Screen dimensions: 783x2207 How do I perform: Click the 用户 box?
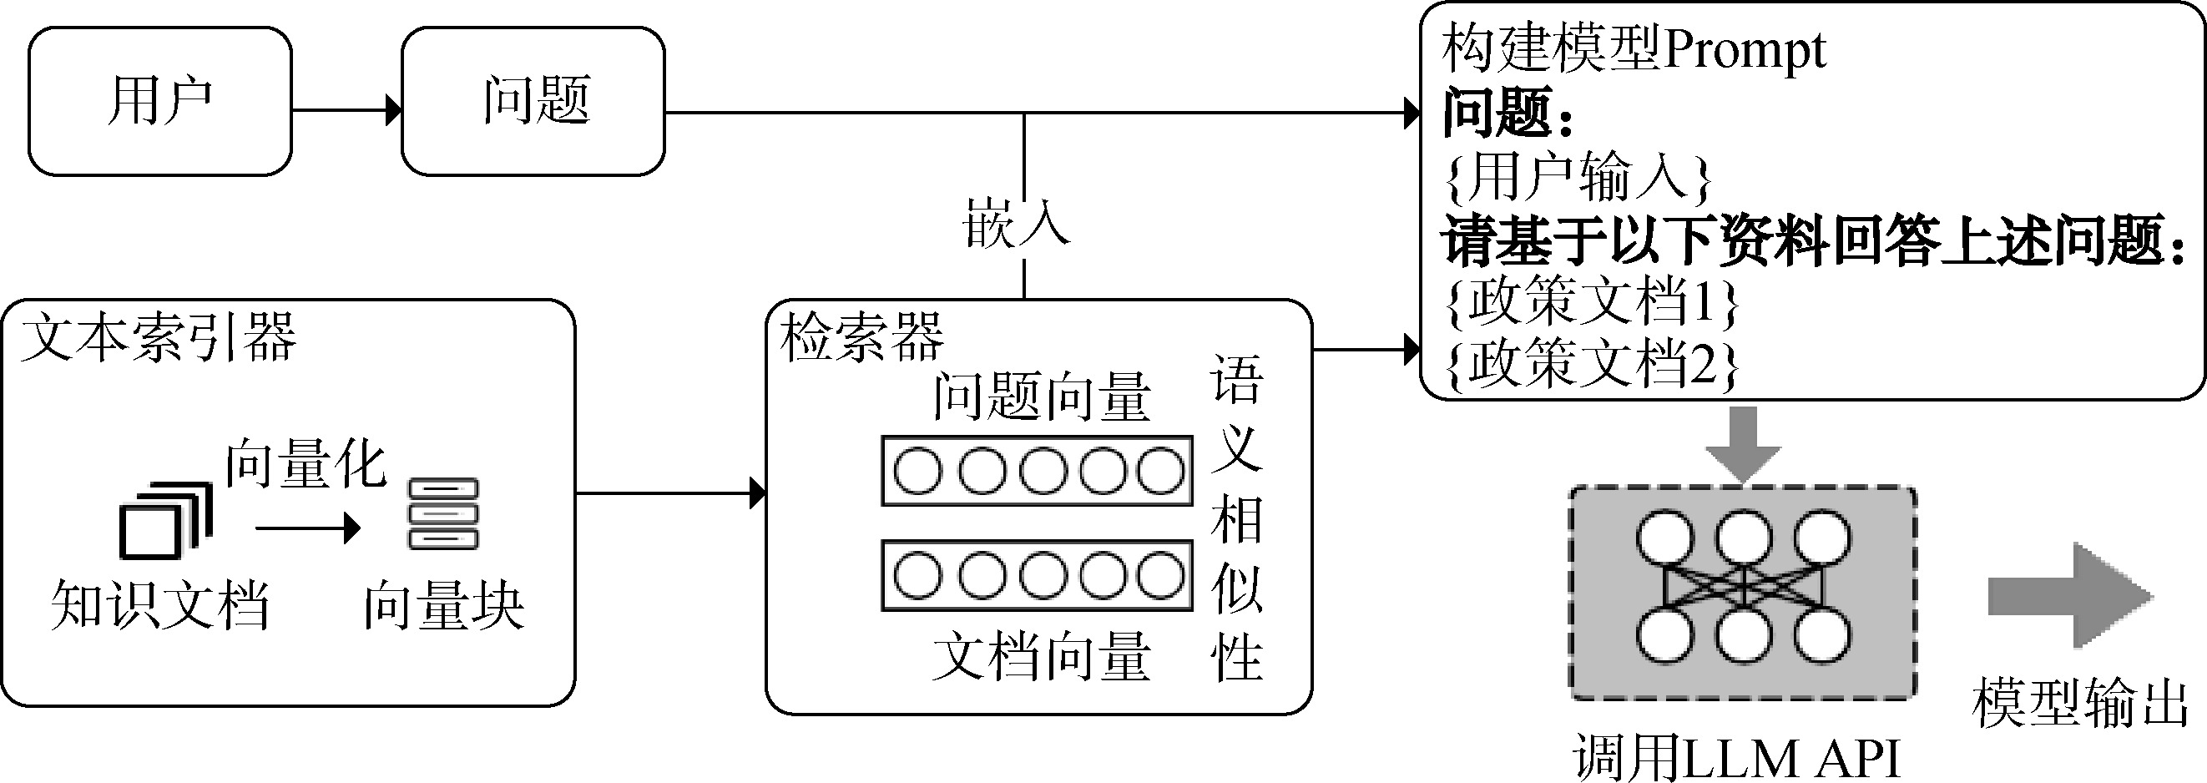click(160, 101)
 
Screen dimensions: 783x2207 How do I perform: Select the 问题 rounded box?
click(533, 101)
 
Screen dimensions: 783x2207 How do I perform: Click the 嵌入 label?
click(1016, 225)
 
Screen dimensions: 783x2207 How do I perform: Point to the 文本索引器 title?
click(159, 336)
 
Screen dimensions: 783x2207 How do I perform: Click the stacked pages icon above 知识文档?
click(164, 519)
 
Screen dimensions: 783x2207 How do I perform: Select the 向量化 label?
click(306, 465)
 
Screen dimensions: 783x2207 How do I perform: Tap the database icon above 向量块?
click(443, 514)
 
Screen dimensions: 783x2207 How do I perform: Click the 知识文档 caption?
click(160, 606)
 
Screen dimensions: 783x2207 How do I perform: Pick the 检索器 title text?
click(862, 336)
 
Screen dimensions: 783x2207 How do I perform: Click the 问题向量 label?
click(1041, 397)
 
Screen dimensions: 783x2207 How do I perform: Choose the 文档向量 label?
click(1041, 658)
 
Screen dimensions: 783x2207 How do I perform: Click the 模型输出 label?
click(2080, 703)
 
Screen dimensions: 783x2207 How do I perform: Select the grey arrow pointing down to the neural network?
click(1743, 443)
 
